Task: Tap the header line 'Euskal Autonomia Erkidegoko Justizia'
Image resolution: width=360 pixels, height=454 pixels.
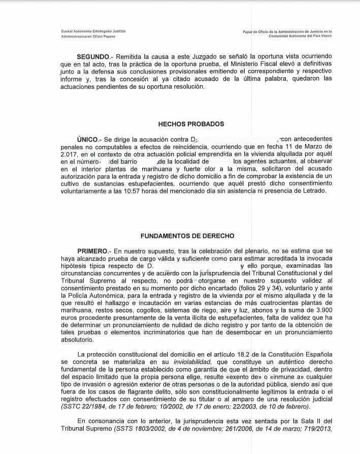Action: pos(93,31)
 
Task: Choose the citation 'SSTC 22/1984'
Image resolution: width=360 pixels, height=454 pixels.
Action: pos(83,407)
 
